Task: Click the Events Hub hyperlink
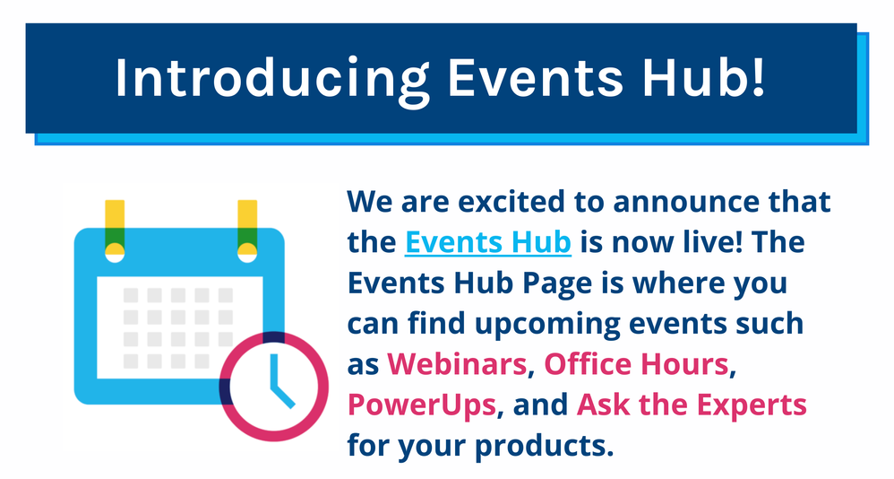pyautogui.click(x=487, y=242)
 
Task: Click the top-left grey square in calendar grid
pyautogui.click(x=131, y=295)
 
